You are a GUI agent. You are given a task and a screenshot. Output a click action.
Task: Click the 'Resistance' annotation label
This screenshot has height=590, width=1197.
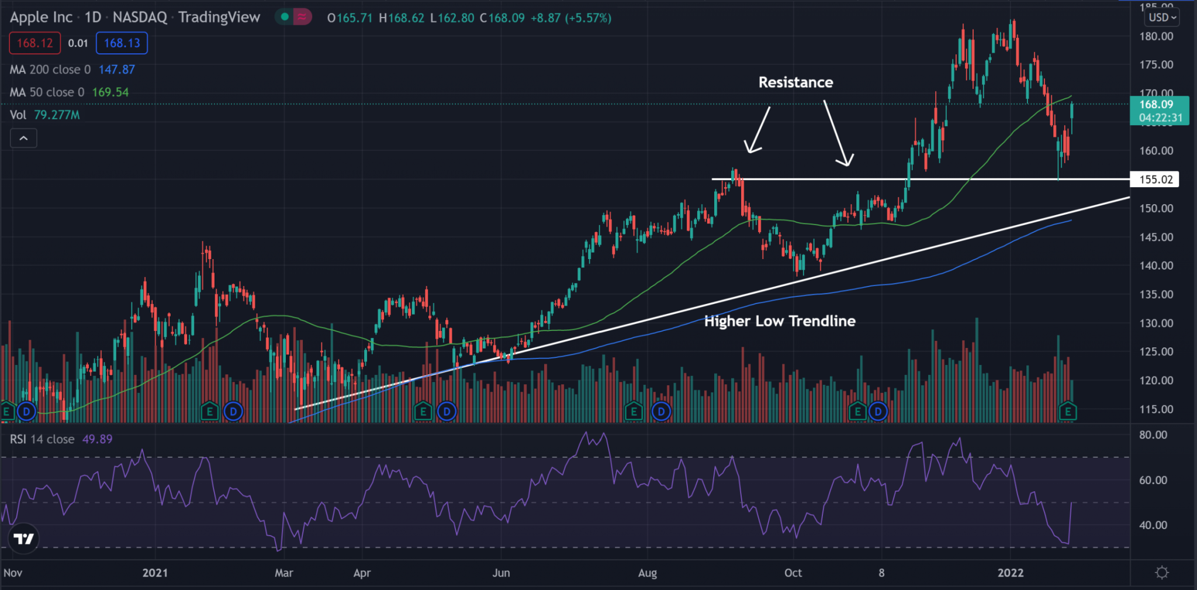(795, 82)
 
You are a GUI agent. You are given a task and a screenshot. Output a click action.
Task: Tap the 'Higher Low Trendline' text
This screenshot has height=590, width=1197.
(780, 321)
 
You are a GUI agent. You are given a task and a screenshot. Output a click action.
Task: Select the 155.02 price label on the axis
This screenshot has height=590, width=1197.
(1156, 180)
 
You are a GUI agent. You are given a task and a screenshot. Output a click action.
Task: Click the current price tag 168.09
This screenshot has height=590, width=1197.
(1156, 105)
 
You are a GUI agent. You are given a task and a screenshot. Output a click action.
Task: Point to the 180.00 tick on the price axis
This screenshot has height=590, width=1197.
(1156, 36)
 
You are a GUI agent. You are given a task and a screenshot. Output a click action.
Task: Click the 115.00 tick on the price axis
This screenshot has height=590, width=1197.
(1156, 409)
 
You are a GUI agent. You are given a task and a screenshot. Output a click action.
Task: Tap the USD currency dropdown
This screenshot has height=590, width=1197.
(1162, 18)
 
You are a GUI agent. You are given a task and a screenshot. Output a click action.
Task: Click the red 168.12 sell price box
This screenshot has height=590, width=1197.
(34, 43)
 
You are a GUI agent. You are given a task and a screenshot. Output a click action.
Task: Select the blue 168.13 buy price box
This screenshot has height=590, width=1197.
(122, 43)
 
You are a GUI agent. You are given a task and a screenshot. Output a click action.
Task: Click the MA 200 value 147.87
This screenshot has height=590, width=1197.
(116, 70)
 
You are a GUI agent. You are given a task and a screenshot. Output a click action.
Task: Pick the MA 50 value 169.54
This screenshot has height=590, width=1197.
(110, 92)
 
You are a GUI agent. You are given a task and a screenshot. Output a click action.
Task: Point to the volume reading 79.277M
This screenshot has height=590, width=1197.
(57, 115)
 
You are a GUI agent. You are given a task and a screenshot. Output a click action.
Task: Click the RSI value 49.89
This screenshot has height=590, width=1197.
(97, 439)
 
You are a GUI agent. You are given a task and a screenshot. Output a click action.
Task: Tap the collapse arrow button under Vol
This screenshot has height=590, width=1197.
(23, 139)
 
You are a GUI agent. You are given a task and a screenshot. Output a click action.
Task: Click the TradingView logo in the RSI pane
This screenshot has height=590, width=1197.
(24, 539)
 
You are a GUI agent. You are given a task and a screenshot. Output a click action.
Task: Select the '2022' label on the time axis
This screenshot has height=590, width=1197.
(1010, 573)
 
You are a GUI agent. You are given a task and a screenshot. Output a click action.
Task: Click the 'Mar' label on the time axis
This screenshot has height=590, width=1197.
(284, 573)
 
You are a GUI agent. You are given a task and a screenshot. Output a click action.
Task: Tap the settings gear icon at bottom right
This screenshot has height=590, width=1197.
(1162, 573)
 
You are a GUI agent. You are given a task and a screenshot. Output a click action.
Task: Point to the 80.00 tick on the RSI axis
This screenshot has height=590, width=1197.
(1153, 435)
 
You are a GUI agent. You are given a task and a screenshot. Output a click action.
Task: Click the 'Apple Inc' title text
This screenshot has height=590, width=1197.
(41, 18)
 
